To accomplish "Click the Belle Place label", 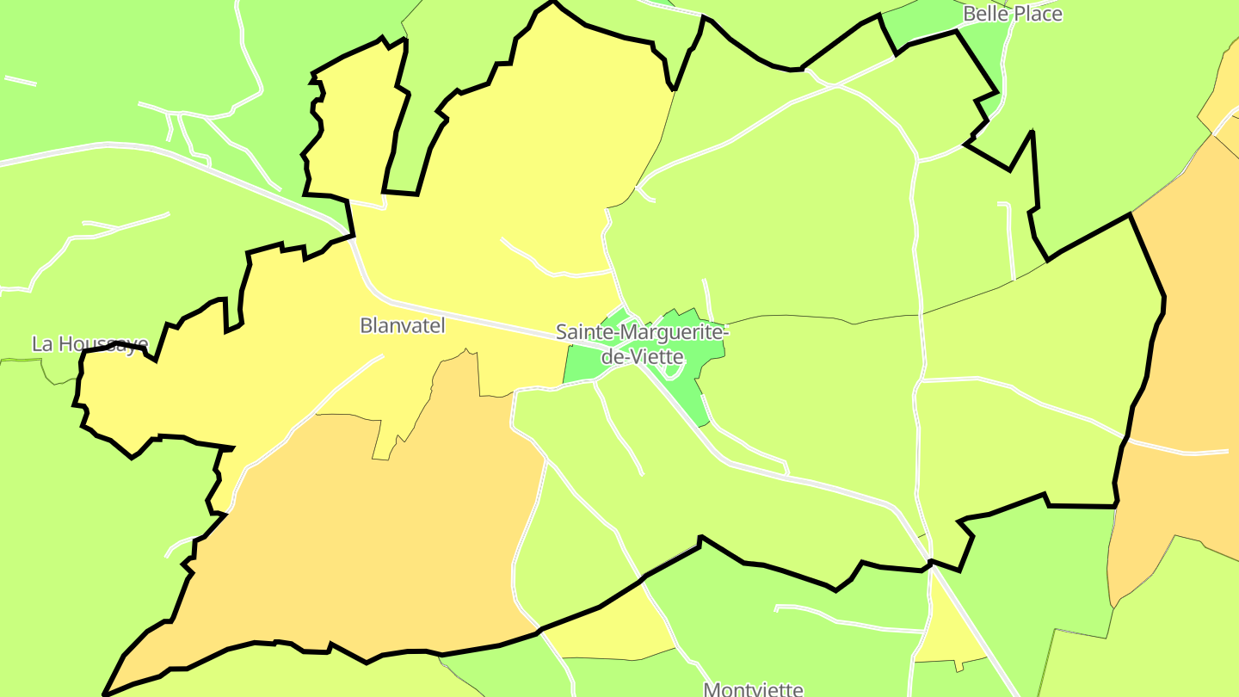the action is click(1012, 14).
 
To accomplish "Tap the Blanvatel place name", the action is click(403, 325).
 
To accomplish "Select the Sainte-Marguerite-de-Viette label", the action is click(642, 343).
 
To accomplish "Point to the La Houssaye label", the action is click(89, 343).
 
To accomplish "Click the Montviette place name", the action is click(753, 689).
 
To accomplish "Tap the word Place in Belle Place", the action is click(1038, 14).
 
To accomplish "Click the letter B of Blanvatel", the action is click(366, 325).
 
